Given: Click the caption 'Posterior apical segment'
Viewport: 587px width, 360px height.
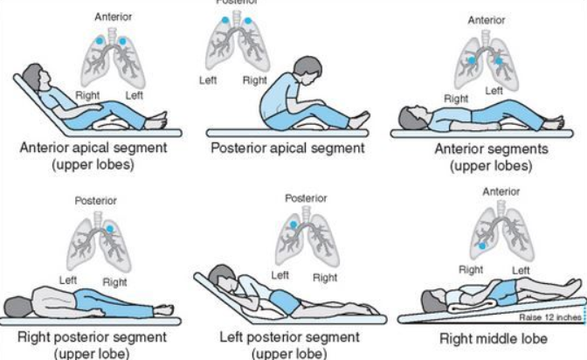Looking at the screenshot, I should (287, 148).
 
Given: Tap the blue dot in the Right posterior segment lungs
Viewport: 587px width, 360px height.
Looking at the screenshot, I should (110, 229).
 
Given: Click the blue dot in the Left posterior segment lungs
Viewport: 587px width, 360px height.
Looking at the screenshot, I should (295, 225).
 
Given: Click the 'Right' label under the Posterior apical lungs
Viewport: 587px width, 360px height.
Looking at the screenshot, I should (255, 80).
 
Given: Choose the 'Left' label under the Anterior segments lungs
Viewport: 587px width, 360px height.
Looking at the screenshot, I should (494, 90).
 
